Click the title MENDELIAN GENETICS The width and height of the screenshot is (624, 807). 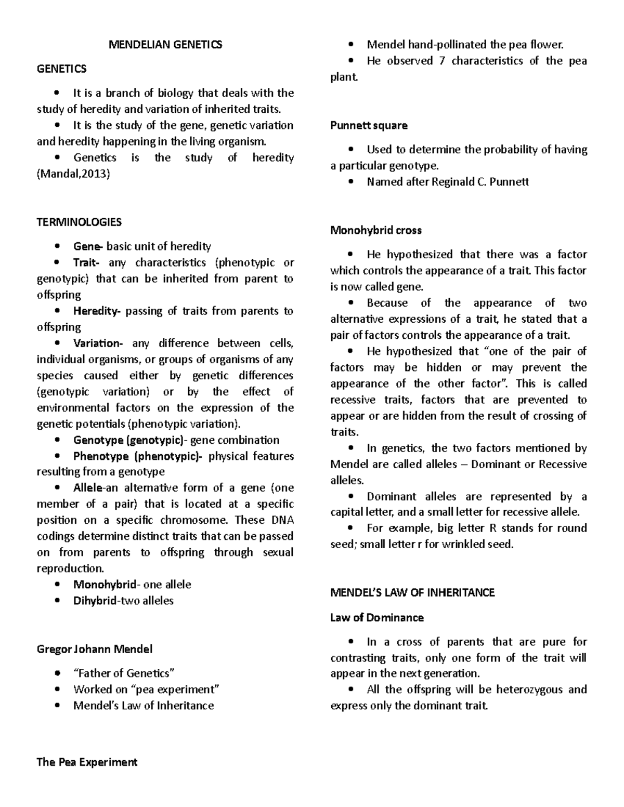165,45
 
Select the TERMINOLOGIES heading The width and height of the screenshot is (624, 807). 79,222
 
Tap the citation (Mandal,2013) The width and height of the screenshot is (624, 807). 73,174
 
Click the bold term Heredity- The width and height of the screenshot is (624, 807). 97,311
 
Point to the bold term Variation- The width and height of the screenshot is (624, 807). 98,343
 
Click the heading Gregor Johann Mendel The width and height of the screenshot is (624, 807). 95,649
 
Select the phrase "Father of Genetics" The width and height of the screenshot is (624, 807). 124,673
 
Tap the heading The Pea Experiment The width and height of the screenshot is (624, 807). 87,762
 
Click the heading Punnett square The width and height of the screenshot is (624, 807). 369,126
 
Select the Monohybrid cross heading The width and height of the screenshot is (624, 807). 376,230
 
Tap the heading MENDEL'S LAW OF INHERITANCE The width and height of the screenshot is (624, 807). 412,593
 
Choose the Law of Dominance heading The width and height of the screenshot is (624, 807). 377,618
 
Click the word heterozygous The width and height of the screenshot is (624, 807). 529,690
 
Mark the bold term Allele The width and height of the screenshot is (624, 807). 88,488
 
